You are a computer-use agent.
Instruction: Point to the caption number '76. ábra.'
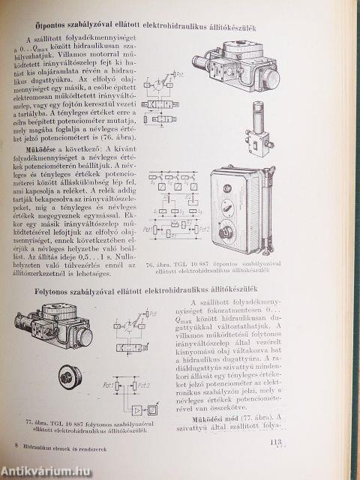coord(161,264)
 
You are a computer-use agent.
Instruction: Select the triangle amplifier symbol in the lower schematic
coord(136,411)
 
